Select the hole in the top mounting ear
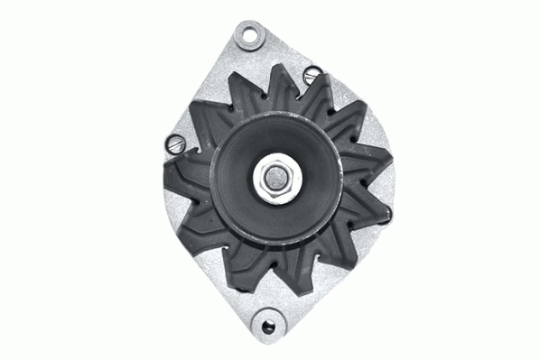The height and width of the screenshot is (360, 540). (244, 35)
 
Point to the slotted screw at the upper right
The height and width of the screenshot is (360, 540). (312, 74)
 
